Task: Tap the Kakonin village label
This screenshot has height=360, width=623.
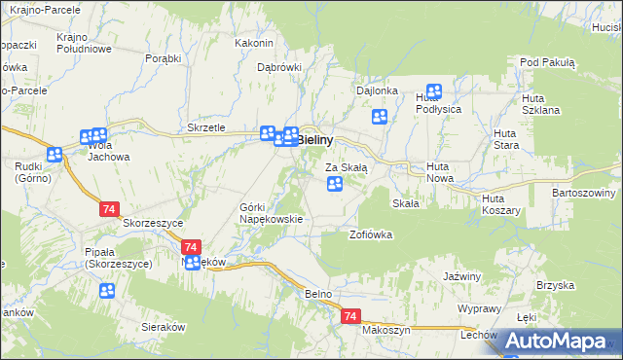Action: click(254, 44)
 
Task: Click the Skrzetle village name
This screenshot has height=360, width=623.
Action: click(205, 128)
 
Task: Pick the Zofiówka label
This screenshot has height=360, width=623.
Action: click(370, 234)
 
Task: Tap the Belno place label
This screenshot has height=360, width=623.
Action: click(318, 293)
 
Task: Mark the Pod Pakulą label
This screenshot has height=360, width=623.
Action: click(548, 62)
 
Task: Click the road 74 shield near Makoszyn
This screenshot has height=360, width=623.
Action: click(351, 317)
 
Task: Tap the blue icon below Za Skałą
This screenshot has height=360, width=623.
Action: click(335, 184)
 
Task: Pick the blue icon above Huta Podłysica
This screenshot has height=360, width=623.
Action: click(434, 91)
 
